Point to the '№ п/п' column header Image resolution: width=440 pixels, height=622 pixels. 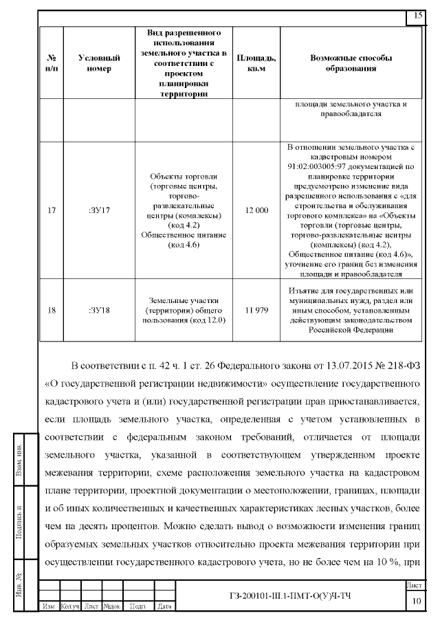[x=51, y=63]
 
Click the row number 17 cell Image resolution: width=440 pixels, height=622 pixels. [x=51, y=210]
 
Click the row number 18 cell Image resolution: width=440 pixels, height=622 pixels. [x=51, y=310]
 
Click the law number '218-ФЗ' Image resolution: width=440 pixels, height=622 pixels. [x=401, y=364]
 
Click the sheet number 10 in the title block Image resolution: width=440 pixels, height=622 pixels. [x=416, y=601]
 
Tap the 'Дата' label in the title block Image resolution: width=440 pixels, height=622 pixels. [x=164, y=606]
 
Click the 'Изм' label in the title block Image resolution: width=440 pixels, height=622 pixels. [x=49, y=606]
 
